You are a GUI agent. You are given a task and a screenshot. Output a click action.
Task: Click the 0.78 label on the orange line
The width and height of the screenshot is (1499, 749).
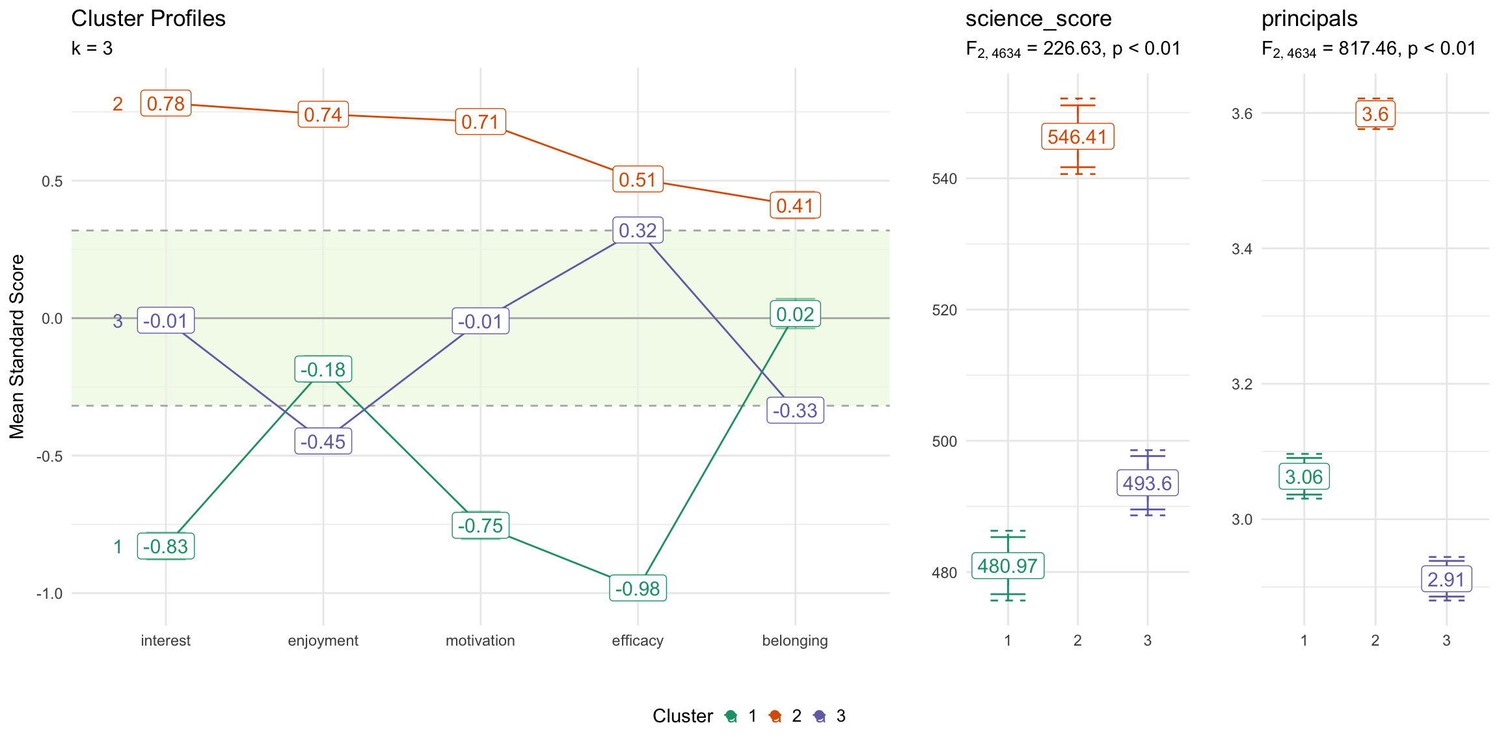(x=166, y=104)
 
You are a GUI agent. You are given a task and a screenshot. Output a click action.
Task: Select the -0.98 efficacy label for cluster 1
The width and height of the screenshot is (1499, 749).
(x=638, y=588)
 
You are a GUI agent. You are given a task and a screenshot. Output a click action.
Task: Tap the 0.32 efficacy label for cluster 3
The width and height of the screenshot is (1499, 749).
(x=638, y=230)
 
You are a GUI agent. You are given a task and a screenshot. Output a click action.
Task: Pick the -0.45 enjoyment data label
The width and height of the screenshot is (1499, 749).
(x=323, y=441)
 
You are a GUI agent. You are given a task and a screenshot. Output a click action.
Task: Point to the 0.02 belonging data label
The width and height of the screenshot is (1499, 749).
(x=795, y=315)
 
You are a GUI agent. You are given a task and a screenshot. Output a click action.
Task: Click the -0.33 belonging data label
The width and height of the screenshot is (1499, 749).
(x=795, y=411)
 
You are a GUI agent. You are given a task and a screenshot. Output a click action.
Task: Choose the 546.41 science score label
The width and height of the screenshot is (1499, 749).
(x=1077, y=137)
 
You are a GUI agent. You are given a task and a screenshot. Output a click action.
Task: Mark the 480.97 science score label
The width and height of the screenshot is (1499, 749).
(x=1007, y=566)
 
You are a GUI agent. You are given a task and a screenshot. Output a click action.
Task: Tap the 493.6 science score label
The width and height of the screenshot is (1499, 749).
(x=1147, y=483)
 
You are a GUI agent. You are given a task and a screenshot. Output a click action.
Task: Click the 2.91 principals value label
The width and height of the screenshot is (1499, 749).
(x=1446, y=579)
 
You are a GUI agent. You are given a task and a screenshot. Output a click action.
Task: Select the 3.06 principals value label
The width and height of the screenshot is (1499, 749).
(x=1304, y=477)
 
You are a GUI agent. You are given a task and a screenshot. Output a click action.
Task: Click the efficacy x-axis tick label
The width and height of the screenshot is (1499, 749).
(x=638, y=640)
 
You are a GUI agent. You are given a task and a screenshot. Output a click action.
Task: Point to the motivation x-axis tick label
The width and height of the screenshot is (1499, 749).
(x=480, y=640)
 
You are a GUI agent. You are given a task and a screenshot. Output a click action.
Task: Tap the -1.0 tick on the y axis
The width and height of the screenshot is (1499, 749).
(x=49, y=594)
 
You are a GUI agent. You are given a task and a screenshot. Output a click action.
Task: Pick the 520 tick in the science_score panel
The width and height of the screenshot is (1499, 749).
(x=945, y=310)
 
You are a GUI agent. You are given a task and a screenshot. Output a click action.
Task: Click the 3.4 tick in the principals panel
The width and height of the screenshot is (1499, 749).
(x=1241, y=249)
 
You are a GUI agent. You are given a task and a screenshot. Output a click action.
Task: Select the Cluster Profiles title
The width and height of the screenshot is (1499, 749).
(x=148, y=19)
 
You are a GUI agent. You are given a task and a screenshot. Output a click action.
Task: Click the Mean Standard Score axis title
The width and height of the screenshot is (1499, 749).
(x=17, y=347)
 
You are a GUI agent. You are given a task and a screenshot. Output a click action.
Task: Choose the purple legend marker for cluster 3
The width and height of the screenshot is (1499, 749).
(x=820, y=716)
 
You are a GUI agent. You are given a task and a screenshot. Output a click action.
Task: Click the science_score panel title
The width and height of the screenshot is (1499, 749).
(x=1038, y=19)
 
